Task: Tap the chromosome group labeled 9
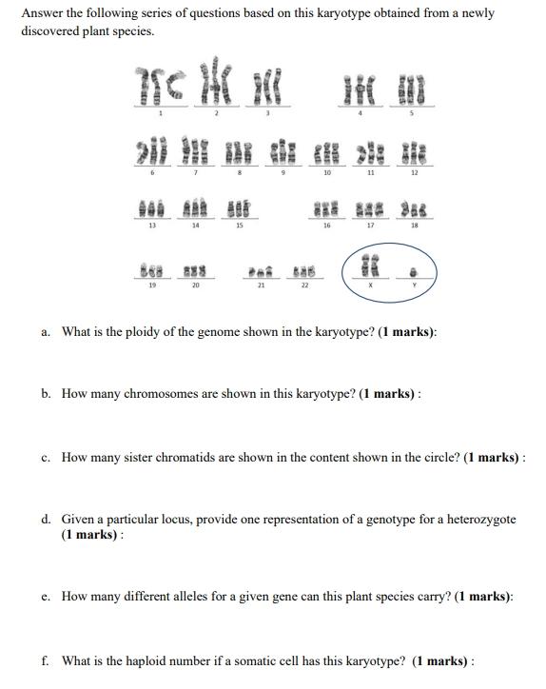click(283, 152)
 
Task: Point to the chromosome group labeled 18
click(414, 207)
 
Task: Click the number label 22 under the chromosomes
click(304, 285)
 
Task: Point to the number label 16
click(326, 226)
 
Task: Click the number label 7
click(196, 173)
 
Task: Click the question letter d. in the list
click(47, 520)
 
